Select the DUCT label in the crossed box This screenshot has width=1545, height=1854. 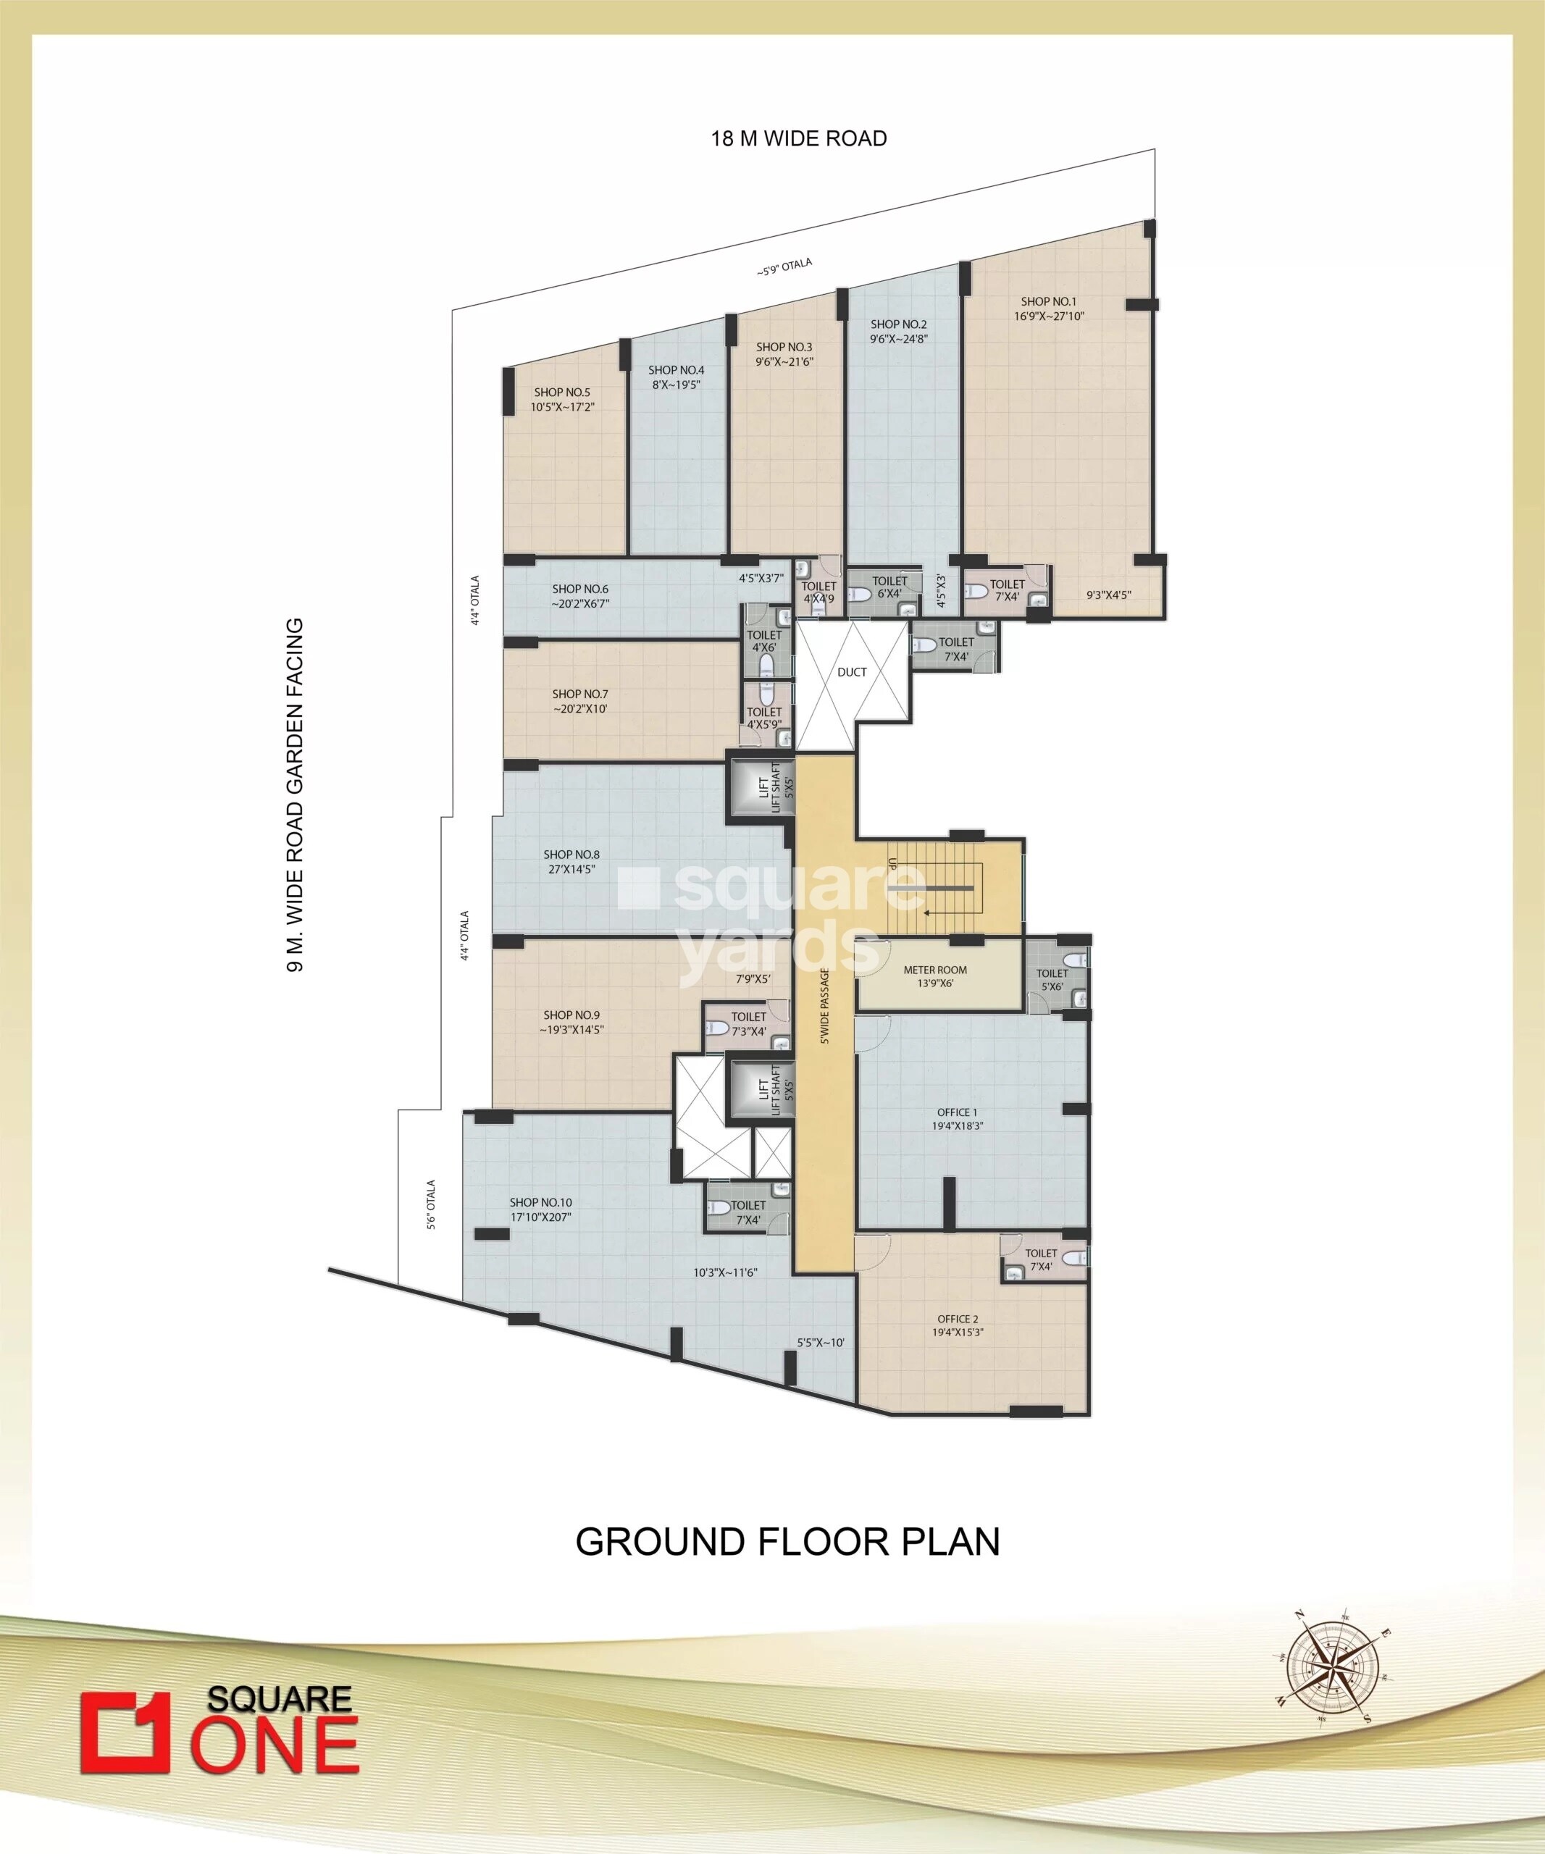point(852,672)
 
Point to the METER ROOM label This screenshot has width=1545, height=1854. point(935,970)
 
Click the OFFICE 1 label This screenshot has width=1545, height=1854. point(957,1112)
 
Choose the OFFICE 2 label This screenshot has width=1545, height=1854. point(957,1319)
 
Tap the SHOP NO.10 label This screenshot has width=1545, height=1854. point(540,1202)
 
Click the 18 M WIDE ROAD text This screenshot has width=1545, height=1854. point(799,138)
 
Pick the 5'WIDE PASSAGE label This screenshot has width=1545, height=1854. point(824,1007)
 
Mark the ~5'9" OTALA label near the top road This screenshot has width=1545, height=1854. point(784,269)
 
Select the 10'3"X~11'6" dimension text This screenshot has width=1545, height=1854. point(726,1272)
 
